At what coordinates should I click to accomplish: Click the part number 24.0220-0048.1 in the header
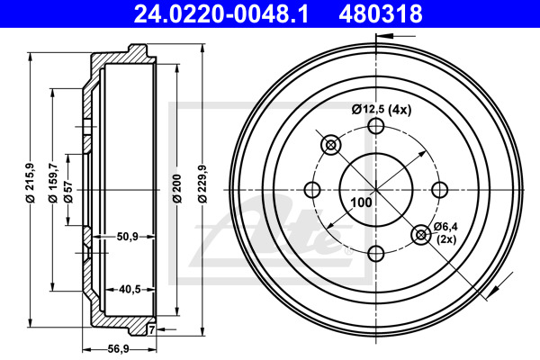(x=221, y=13)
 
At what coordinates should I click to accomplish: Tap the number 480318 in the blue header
(x=381, y=13)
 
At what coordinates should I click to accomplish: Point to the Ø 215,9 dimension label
(x=31, y=182)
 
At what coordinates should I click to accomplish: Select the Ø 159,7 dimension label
(x=53, y=183)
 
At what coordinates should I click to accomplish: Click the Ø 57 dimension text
(x=68, y=190)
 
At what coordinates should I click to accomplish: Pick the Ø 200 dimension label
(x=177, y=189)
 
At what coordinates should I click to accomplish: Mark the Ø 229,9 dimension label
(x=202, y=184)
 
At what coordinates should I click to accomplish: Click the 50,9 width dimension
(x=128, y=237)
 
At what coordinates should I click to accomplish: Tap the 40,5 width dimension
(x=130, y=290)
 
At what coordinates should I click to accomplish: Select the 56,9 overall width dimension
(x=118, y=349)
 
